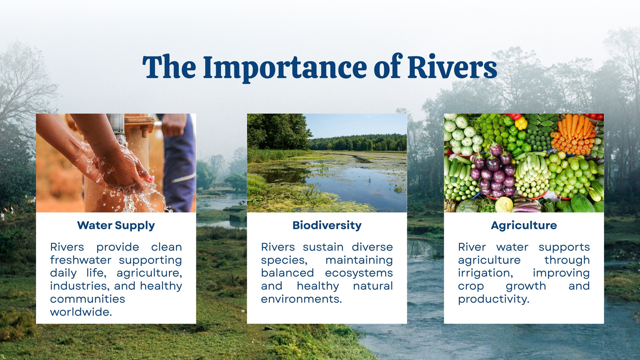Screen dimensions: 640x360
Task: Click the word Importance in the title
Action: (x=285, y=68)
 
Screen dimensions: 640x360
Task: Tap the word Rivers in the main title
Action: (x=452, y=66)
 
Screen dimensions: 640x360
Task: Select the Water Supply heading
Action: (x=116, y=226)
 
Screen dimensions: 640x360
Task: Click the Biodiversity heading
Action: (x=327, y=226)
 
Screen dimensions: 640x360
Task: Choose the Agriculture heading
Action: (x=524, y=226)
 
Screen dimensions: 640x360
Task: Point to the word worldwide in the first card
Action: (x=81, y=312)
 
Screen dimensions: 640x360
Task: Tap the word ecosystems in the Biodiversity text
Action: (x=359, y=273)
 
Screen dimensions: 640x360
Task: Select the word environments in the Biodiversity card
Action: (x=302, y=299)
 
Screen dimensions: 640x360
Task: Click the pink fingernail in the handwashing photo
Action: (x=151, y=179)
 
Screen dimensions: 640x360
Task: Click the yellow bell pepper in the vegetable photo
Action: (x=521, y=124)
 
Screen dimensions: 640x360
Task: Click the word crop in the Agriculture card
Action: (x=471, y=286)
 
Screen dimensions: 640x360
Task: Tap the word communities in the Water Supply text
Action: (x=88, y=299)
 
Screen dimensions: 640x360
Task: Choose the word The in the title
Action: (x=169, y=67)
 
